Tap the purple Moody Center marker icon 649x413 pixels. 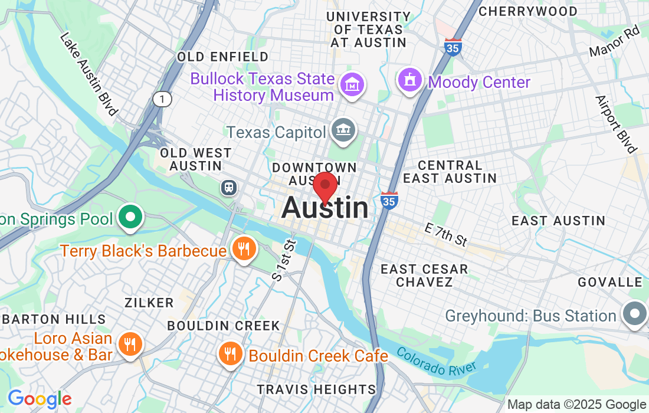point(410,80)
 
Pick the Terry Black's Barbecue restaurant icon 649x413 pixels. point(243,248)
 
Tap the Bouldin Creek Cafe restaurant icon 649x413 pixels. point(230,353)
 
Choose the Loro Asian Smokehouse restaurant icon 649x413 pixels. point(129,343)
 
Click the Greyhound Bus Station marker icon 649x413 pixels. point(634,313)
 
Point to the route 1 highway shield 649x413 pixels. point(162,99)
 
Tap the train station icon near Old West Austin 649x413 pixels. point(228,188)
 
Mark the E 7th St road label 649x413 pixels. point(446,234)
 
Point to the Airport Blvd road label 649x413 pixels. point(616,124)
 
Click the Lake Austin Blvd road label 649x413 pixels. point(89,74)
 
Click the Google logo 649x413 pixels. point(39,399)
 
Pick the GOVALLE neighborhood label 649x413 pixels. point(609,282)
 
